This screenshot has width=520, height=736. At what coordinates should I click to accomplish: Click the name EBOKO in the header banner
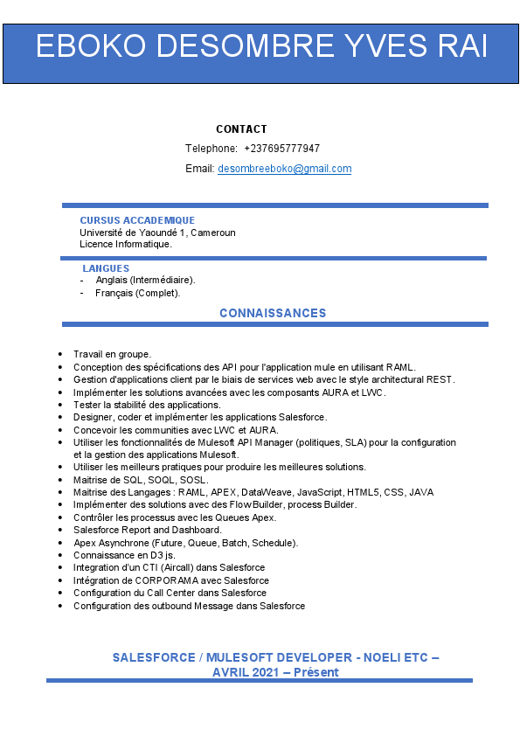pyautogui.click(x=90, y=47)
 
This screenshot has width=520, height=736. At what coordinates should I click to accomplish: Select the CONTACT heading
pyautogui.click(x=241, y=129)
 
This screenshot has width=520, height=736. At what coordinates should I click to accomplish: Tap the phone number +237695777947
pyautogui.click(x=281, y=149)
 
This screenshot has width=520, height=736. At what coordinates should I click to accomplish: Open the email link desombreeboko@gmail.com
pyautogui.click(x=284, y=169)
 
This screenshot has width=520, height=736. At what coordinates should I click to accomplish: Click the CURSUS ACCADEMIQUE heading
pyautogui.click(x=137, y=220)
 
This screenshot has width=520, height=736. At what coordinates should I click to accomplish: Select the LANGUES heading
pyautogui.click(x=106, y=268)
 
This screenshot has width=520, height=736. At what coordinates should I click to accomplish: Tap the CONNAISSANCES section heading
pyautogui.click(x=273, y=313)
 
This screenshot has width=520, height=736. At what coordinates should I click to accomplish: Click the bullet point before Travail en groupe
pyautogui.click(x=59, y=355)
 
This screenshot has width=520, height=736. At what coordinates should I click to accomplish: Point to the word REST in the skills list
pyautogui.click(x=441, y=379)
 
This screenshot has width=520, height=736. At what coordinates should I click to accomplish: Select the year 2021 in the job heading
pyautogui.click(x=261, y=672)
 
